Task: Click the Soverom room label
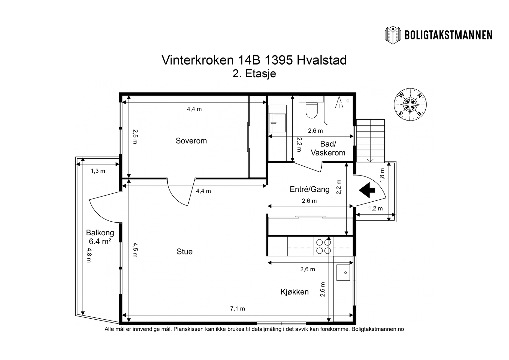point(191,141)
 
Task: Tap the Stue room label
point(185,252)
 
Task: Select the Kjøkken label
point(295,292)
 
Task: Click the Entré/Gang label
point(310,190)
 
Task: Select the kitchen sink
point(344,273)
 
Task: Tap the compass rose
point(410,105)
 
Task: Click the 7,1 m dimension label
point(237,308)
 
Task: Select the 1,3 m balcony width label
point(98,171)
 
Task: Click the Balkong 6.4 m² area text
point(100,237)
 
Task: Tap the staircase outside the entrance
point(370,141)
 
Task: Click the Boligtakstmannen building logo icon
point(393,35)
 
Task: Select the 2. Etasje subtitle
point(254,74)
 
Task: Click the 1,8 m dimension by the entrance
point(382,174)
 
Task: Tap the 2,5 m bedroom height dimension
point(135,136)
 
